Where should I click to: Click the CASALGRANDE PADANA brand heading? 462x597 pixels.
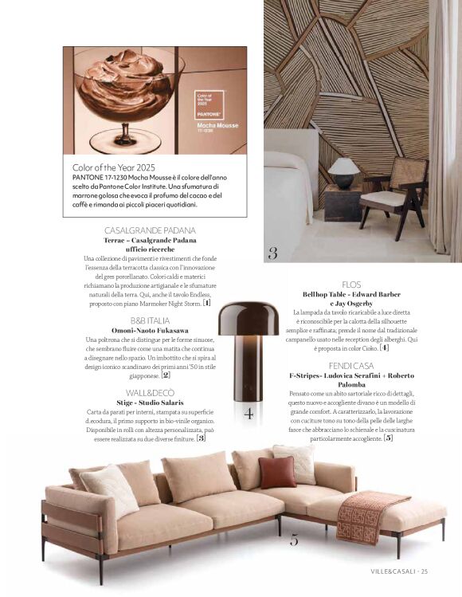coord(150,230)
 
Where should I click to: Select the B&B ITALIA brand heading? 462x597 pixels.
coord(150,320)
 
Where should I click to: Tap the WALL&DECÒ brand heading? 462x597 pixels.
coord(150,393)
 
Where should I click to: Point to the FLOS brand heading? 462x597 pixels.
coord(352,284)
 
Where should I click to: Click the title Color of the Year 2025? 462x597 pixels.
coord(113,167)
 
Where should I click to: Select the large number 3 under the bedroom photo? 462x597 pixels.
coord(272,254)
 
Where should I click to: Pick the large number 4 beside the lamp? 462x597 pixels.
coord(249,413)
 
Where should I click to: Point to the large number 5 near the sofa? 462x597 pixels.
coord(294,540)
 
